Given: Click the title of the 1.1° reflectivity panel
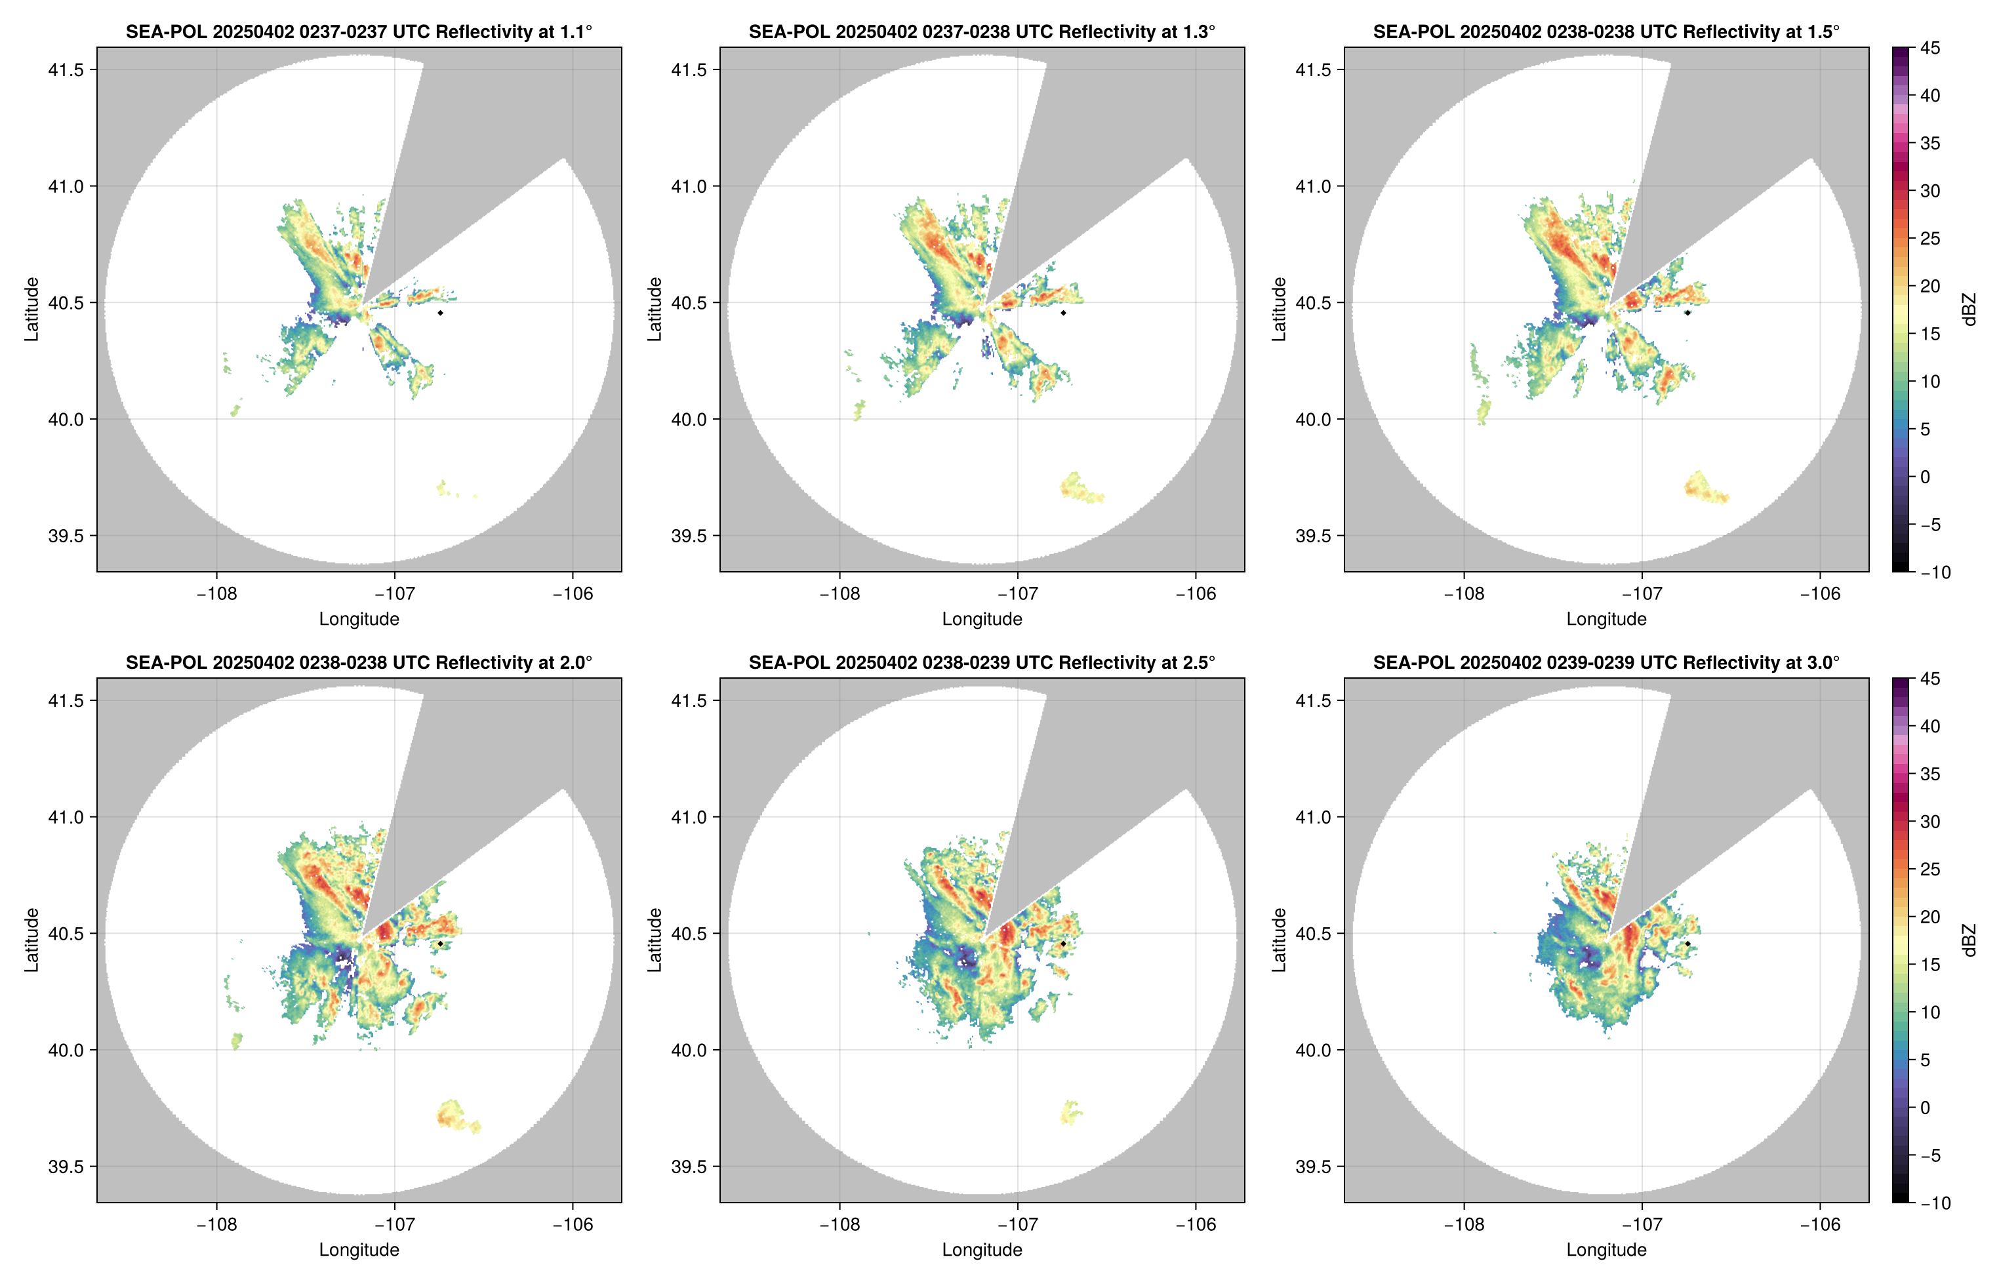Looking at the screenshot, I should coord(359,31).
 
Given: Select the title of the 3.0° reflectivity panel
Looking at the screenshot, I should coord(1606,662).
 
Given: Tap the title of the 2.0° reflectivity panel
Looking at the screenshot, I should coord(359,662).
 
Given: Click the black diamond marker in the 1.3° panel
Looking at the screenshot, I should coord(1063,313).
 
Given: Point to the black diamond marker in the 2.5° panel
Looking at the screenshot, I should coord(1063,944).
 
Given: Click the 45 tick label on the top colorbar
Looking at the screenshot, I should coord(1930,49).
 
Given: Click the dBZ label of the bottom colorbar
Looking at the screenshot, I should coord(1968,940).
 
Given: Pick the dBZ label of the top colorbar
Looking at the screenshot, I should coord(1968,310).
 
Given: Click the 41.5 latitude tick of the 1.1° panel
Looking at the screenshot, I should coord(66,70).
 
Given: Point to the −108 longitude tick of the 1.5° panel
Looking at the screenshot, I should coord(1464,593).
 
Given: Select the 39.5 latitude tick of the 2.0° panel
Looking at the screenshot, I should coord(66,1166).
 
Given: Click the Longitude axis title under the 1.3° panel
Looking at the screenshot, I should coord(982,618).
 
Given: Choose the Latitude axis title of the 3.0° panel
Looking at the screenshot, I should coord(1278,940).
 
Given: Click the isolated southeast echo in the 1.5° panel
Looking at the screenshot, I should coord(1704,488).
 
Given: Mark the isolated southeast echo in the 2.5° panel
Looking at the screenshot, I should coord(1070,1112).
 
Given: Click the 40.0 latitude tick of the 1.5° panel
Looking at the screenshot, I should coord(1312,420).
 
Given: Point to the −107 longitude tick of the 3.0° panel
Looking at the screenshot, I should coord(1642,1224).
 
